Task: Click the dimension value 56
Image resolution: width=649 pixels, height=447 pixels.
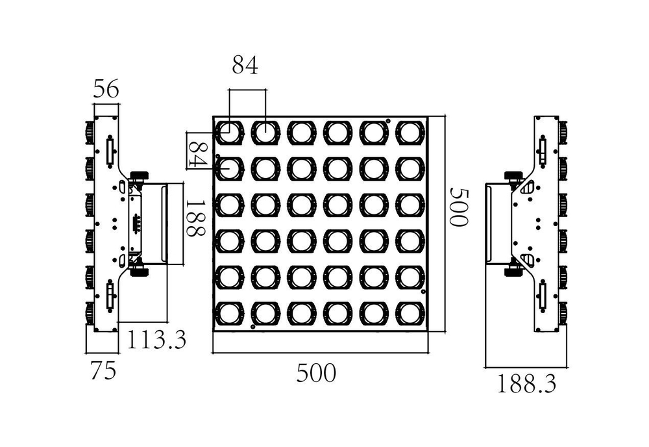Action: (x=106, y=90)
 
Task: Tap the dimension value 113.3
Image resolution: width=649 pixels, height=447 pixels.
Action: (x=156, y=339)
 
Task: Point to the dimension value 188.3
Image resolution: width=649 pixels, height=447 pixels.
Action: (x=527, y=384)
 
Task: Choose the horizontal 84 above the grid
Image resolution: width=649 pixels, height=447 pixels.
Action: (x=245, y=65)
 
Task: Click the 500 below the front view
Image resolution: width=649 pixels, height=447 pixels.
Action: (x=317, y=373)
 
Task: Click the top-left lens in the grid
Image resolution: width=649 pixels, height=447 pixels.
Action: (x=228, y=133)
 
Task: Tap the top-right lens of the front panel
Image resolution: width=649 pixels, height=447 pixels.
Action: (x=409, y=133)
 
